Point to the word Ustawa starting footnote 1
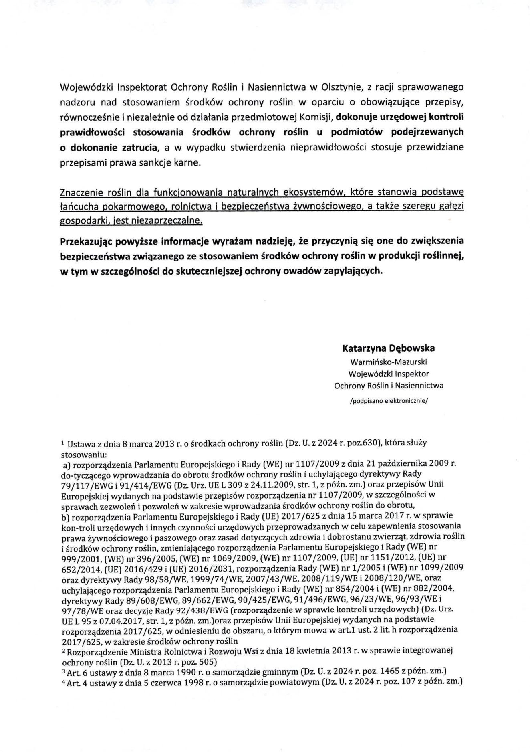[x=80, y=444]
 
